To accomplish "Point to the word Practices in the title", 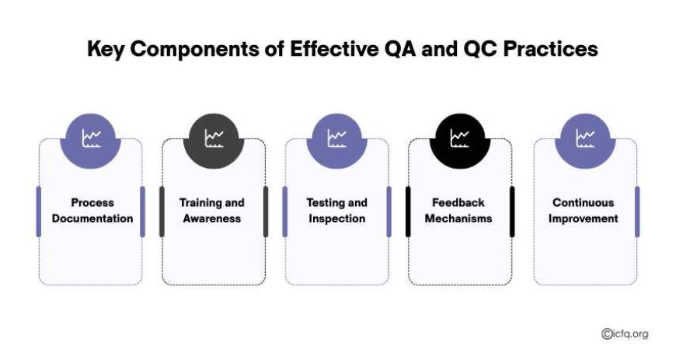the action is click(551, 49).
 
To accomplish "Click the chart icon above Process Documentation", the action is click(92, 138).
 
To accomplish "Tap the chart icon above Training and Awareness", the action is click(214, 138).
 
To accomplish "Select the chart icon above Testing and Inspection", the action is click(336, 138).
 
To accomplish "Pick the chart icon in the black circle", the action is click(459, 138).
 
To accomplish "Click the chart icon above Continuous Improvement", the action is click(585, 138).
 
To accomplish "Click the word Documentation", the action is click(92, 218).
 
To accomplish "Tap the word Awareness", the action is click(211, 218).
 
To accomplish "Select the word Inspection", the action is click(336, 218).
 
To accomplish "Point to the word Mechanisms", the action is click(458, 218).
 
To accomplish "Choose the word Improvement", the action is click(584, 218).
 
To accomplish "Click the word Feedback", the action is click(458, 202).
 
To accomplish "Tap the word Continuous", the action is click(584, 202).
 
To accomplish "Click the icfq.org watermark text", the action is click(625, 334).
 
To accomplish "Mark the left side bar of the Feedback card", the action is click(408, 211).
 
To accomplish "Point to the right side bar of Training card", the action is click(266, 211).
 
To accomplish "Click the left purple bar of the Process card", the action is click(39, 211).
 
